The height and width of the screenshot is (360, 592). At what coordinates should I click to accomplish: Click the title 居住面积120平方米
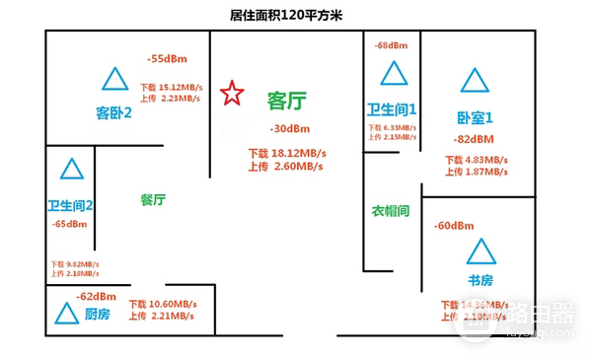(296, 14)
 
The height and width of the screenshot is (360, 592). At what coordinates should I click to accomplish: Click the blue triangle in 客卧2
(116, 78)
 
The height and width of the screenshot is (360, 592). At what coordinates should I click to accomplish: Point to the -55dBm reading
(166, 58)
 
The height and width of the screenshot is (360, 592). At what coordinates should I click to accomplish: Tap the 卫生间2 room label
(71, 206)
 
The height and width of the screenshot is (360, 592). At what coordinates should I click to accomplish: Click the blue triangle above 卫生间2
(71, 169)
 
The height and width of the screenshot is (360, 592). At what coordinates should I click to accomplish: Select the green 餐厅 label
(153, 199)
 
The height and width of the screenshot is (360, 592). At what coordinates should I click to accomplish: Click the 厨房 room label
(97, 313)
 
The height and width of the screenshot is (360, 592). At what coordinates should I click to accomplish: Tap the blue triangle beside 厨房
(66, 314)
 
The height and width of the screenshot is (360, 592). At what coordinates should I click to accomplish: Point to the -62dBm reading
(96, 295)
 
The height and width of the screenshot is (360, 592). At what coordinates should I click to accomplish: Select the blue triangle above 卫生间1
(394, 74)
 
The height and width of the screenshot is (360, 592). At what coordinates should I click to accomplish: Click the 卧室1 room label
(476, 115)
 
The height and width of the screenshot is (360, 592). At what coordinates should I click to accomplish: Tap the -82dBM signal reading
(477, 139)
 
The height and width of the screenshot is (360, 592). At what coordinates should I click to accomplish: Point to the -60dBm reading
(454, 227)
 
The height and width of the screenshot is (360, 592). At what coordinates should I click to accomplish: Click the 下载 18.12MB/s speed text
(286, 154)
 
